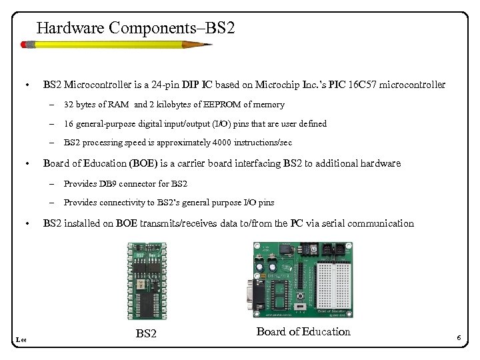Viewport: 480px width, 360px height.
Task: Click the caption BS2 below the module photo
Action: pos(146,333)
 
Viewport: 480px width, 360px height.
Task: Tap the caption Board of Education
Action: pos(303,331)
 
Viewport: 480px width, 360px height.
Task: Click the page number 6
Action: pos(459,339)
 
